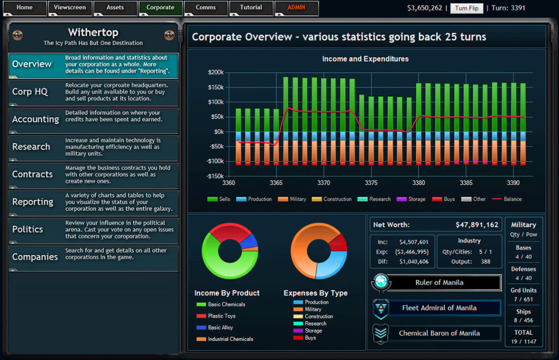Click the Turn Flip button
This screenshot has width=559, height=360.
point(467,8)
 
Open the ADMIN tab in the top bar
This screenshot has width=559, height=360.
point(296,8)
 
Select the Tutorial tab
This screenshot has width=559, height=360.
point(251,8)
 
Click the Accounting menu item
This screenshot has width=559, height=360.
point(93,120)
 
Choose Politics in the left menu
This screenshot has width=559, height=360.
point(93,230)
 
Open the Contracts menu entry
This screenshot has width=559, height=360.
point(93,175)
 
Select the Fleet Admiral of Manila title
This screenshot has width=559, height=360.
point(439,308)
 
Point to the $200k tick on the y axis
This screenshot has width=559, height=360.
point(216,73)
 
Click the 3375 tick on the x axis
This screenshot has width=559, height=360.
point(371,182)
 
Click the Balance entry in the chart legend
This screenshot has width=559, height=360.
point(507,199)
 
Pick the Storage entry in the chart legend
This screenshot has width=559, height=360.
point(411,199)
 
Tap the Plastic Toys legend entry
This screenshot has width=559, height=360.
point(216,316)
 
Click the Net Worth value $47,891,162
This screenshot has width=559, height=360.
point(477,225)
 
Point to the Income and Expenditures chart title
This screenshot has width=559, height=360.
point(365,59)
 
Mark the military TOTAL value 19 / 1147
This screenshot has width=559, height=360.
point(524,341)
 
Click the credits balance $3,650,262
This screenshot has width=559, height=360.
point(425,8)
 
